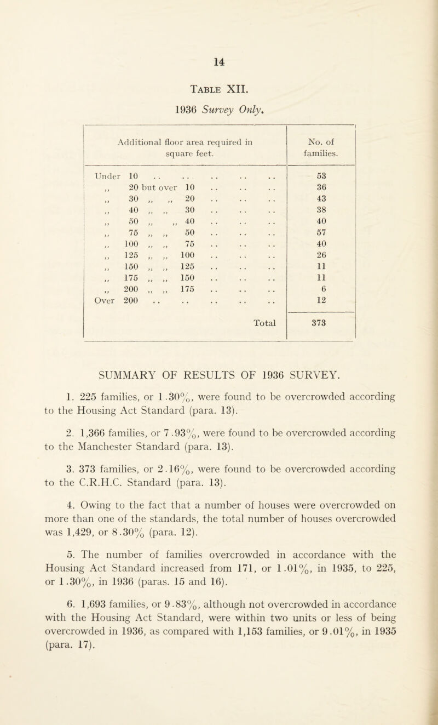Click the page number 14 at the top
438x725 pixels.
coord(219,55)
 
